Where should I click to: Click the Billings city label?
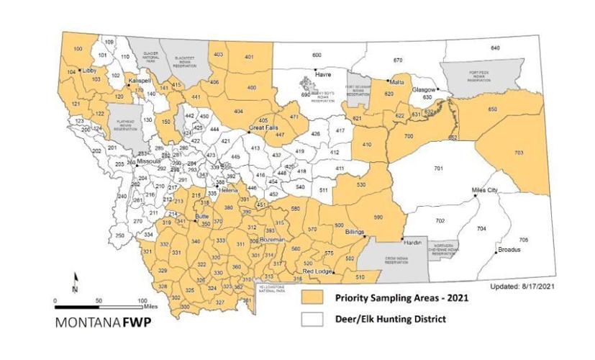tap(355, 233)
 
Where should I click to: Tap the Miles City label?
tap(484, 190)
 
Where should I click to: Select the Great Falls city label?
tap(263, 127)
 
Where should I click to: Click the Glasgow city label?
tap(423, 89)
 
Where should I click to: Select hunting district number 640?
tap(494, 48)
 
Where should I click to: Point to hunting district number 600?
tap(317, 55)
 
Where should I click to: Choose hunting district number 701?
tap(438, 168)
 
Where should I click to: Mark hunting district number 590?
tap(380, 216)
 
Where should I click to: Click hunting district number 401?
tap(250, 56)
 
